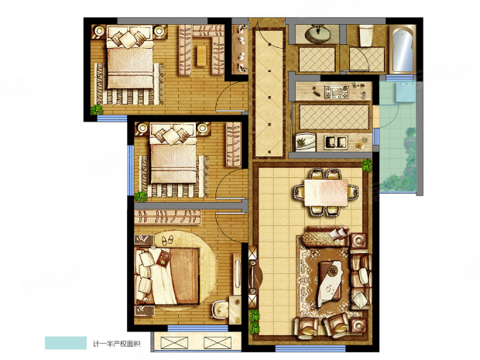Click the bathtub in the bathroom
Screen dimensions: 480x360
tap(402, 50)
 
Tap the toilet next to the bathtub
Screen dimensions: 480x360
tap(366, 36)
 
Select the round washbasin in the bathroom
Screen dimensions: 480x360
tap(317, 34)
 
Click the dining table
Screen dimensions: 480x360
tap(326, 193)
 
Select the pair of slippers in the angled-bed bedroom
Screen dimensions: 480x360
tap(166, 240)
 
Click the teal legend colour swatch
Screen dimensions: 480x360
tap(66, 343)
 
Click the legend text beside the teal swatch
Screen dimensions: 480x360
tap(117, 344)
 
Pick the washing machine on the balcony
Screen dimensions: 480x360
tap(406, 91)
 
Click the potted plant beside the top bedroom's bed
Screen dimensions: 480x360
tap(97, 110)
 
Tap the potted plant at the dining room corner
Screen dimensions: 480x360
tap(367, 166)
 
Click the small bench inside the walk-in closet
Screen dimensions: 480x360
tap(201, 56)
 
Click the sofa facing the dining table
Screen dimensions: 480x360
tap(324, 237)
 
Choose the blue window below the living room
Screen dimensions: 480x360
tap(310, 348)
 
